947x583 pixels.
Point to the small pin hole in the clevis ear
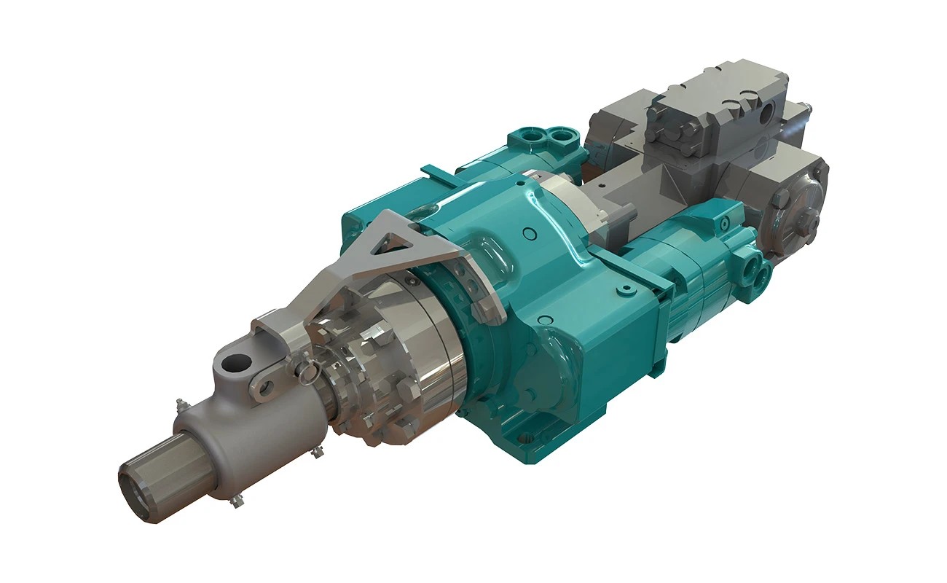point(266,387)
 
